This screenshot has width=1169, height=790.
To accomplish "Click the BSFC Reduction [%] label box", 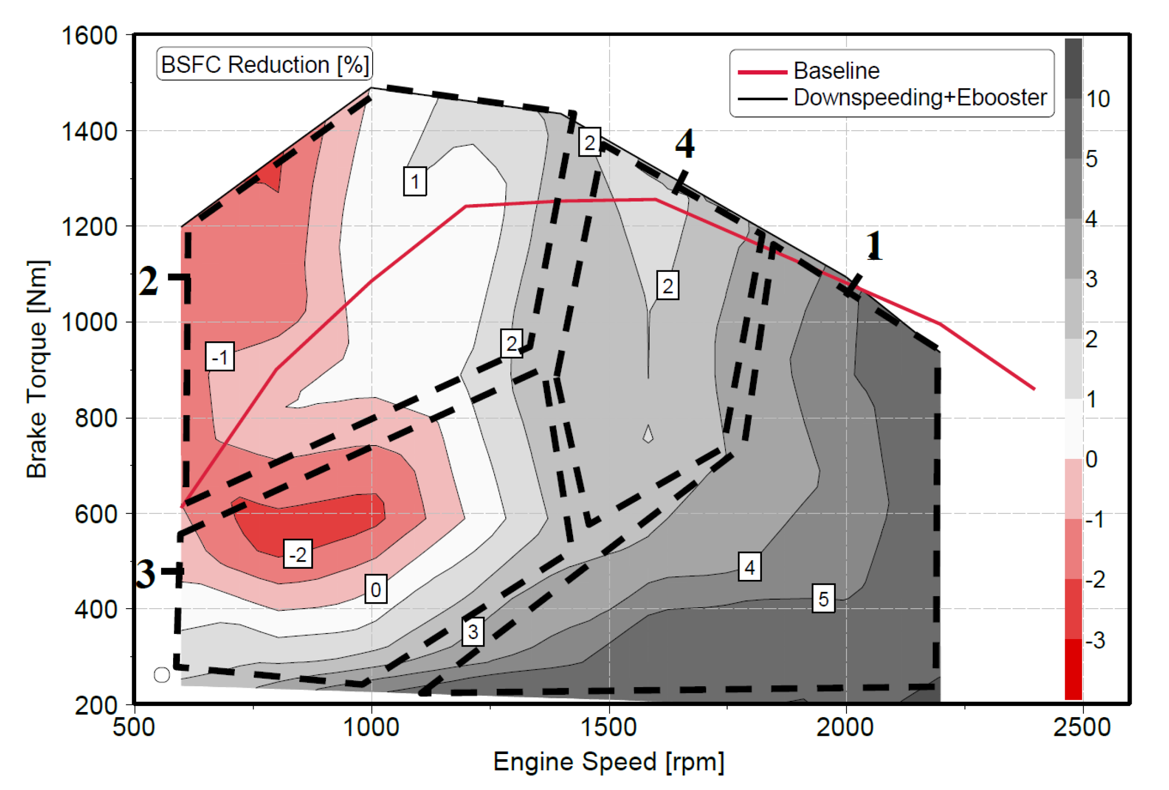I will click(264, 64).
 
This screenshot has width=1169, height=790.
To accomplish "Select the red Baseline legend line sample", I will click(762, 72).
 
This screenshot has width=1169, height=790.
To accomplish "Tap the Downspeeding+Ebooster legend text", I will click(920, 97).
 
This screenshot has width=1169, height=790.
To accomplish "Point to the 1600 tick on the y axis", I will click(89, 36).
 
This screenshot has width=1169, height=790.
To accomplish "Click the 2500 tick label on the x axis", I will click(1082, 728).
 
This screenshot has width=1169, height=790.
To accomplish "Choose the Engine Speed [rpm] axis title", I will click(609, 762).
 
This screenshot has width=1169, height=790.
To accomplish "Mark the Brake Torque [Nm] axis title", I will click(37, 369).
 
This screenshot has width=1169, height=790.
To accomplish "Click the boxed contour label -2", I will click(297, 554).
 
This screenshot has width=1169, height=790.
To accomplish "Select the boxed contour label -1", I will click(220, 357).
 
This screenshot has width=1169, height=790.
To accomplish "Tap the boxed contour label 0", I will click(376, 589).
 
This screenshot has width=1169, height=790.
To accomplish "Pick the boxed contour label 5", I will click(823, 599).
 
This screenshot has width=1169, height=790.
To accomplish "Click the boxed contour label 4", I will click(749, 567).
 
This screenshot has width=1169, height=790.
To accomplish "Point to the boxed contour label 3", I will click(473, 631).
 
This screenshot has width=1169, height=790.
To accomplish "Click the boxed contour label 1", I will click(415, 181).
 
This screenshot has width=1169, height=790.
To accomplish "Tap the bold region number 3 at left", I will click(146, 574).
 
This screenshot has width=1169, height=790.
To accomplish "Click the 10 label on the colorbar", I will click(1098, 99).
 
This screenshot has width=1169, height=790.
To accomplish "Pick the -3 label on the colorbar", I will click(1096, 641).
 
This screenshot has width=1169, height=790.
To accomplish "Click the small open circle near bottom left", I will click(162, 675).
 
